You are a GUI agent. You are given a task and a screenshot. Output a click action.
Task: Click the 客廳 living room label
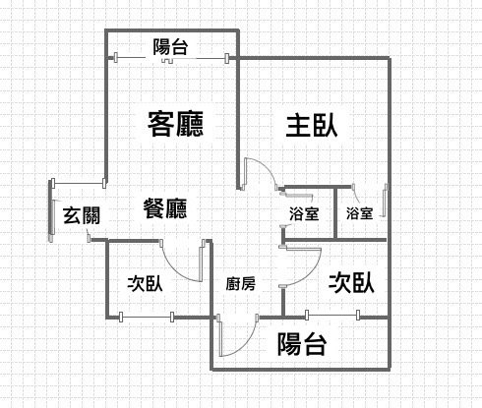[175, 124]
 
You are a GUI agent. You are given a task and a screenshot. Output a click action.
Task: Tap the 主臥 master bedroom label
[312, 125]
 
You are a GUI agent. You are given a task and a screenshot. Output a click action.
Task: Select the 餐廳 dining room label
[165, 208]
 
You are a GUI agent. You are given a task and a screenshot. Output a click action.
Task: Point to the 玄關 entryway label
[82, 215]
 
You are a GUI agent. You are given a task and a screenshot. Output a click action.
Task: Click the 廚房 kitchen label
[240, 284]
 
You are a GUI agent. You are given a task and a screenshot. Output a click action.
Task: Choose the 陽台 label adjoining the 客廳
[170, 47]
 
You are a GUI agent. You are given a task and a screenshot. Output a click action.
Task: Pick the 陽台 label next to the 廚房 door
[302, 344]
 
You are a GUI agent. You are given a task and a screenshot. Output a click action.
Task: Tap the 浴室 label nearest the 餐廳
[304, 213]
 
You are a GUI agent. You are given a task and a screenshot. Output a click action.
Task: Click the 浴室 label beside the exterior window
[360, 213]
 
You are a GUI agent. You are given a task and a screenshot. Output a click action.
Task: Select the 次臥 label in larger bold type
[351, 283]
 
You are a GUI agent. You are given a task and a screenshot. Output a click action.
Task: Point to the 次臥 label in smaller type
[145, 283]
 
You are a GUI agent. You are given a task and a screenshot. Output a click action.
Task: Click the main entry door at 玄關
[51, 210]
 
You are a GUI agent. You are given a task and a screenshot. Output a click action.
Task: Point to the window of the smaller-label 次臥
[147, 317]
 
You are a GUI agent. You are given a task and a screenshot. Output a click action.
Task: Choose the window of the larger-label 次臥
[332, 316]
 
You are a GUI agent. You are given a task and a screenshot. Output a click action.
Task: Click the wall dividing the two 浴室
[335, 213]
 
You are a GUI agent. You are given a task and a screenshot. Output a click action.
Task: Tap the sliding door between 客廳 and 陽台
[171, 58]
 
